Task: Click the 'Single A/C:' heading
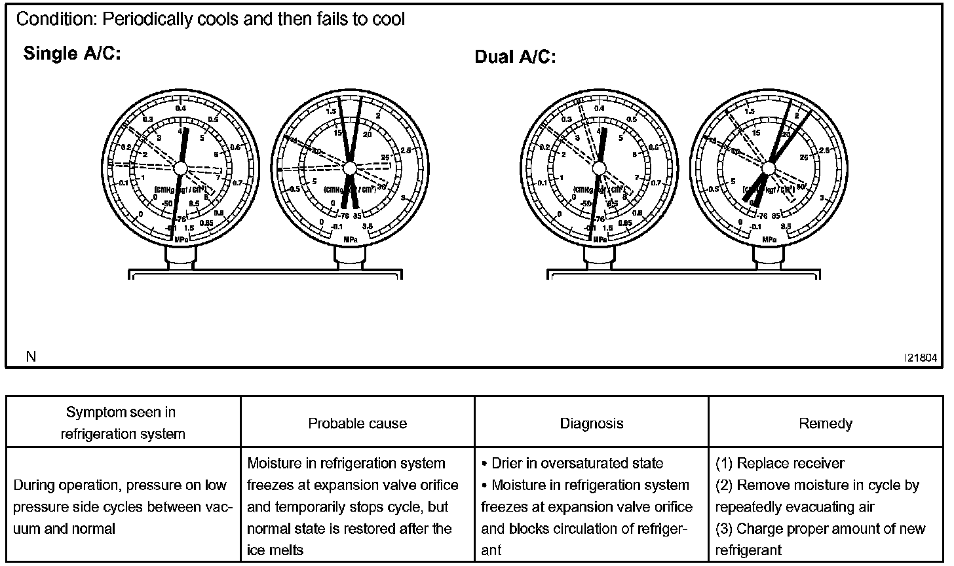coord(72,53)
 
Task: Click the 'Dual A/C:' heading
coord(515,57)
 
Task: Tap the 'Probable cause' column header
coord(357,423)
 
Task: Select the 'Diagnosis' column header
coord(591,423)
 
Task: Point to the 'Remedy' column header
coord(826,423)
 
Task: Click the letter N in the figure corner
coord(31,356)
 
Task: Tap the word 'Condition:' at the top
coord(55,19)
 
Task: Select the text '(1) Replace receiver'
coord(779,464)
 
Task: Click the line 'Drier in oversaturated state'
coord(577,464)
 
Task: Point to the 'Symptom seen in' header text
coord(121,412)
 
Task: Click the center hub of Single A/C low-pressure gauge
coord(180,168)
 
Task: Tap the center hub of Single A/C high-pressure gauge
coord(349,168)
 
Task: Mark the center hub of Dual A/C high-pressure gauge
coord(769,168)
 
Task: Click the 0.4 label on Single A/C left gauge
coord(181,108)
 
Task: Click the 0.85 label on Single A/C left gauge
coord(206,223)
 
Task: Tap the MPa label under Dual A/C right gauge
coord(769,239)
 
